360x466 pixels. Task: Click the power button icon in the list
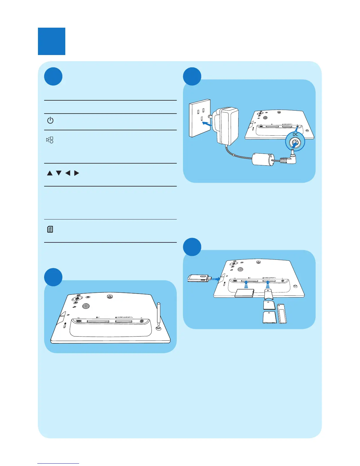point(50,120)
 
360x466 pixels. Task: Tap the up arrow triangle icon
point(50,173)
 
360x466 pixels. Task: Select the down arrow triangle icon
point(59,173)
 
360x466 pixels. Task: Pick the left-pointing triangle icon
point(68,173)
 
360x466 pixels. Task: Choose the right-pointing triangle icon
point(77,173)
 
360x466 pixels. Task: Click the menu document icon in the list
point(50,229)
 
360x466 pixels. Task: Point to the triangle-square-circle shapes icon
point(50,140)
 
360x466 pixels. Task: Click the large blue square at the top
point(51,41)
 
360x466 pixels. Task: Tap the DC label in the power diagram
point(295,134)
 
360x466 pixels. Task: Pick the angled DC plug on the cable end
point(291,157)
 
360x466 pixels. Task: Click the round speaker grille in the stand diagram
point(86,306)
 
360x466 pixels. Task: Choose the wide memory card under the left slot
point(244,293)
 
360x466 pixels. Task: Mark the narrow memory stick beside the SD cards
point(282,314)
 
